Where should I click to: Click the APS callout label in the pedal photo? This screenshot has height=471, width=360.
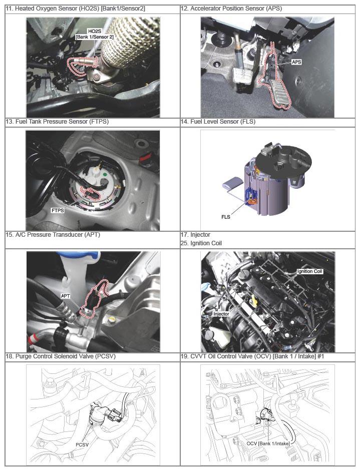tap(296, 62)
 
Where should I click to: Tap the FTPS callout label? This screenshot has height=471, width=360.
tap(58, 211)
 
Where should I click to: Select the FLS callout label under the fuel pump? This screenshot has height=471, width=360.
tap(226, 217)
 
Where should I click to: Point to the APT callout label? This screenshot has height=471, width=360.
tap(66, 296)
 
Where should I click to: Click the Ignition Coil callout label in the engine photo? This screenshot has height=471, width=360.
tap(309, 271)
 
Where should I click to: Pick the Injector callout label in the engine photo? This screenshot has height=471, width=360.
tap(221, 314)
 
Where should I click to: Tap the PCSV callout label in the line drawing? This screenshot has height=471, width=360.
tap(82, 444)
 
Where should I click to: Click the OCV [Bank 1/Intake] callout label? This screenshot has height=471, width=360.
tap(268, 443)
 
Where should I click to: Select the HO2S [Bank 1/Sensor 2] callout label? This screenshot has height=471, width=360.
tap(95, 34)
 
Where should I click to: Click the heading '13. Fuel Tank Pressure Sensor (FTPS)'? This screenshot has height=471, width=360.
tap(57, 121)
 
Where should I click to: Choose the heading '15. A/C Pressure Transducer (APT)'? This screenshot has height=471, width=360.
tap(53, 235)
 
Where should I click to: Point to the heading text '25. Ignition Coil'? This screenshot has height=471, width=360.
tap(201, 243)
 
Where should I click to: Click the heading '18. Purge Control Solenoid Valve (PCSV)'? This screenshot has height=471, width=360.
tap(61, 356)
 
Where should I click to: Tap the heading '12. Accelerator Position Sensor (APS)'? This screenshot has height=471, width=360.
tap(231, 9)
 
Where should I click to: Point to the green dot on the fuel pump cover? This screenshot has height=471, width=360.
tap(105, 174)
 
